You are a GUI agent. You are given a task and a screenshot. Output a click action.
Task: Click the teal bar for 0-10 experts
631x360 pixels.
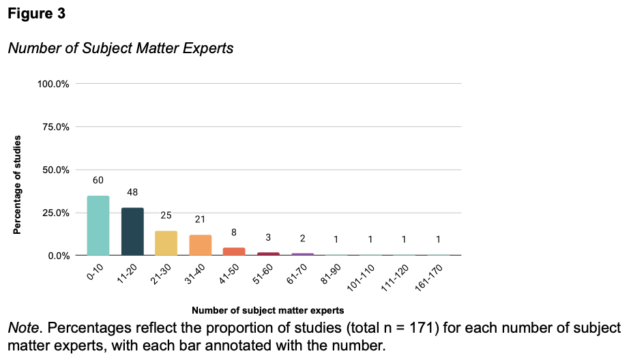[98, 226]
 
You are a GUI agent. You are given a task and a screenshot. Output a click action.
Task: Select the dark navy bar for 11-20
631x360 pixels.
[132, 232]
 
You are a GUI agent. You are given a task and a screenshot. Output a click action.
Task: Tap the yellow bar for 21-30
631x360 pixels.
[166, 243]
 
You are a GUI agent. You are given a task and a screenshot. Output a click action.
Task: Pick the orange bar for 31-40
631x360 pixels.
[200, 245]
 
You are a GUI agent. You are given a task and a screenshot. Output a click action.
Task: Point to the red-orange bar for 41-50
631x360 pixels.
[234, 252]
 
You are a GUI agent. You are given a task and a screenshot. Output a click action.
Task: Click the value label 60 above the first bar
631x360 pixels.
[98, 180]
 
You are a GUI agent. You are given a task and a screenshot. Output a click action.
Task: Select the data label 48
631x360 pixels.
[132, 192]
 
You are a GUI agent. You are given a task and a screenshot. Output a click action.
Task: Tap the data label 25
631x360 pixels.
[166, 215]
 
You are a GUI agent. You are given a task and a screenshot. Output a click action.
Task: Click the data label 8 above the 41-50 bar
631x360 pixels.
[234, 232]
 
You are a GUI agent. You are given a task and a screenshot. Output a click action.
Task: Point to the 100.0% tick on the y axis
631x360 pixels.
[53, 84]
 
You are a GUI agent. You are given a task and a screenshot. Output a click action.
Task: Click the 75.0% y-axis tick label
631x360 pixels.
[56, 127]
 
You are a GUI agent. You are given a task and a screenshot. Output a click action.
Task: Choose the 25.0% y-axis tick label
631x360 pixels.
[56, 213]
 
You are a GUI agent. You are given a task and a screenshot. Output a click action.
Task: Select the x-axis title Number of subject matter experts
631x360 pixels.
[267, 310]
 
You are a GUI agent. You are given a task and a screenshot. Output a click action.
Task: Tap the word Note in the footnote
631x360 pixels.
[23, 328]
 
